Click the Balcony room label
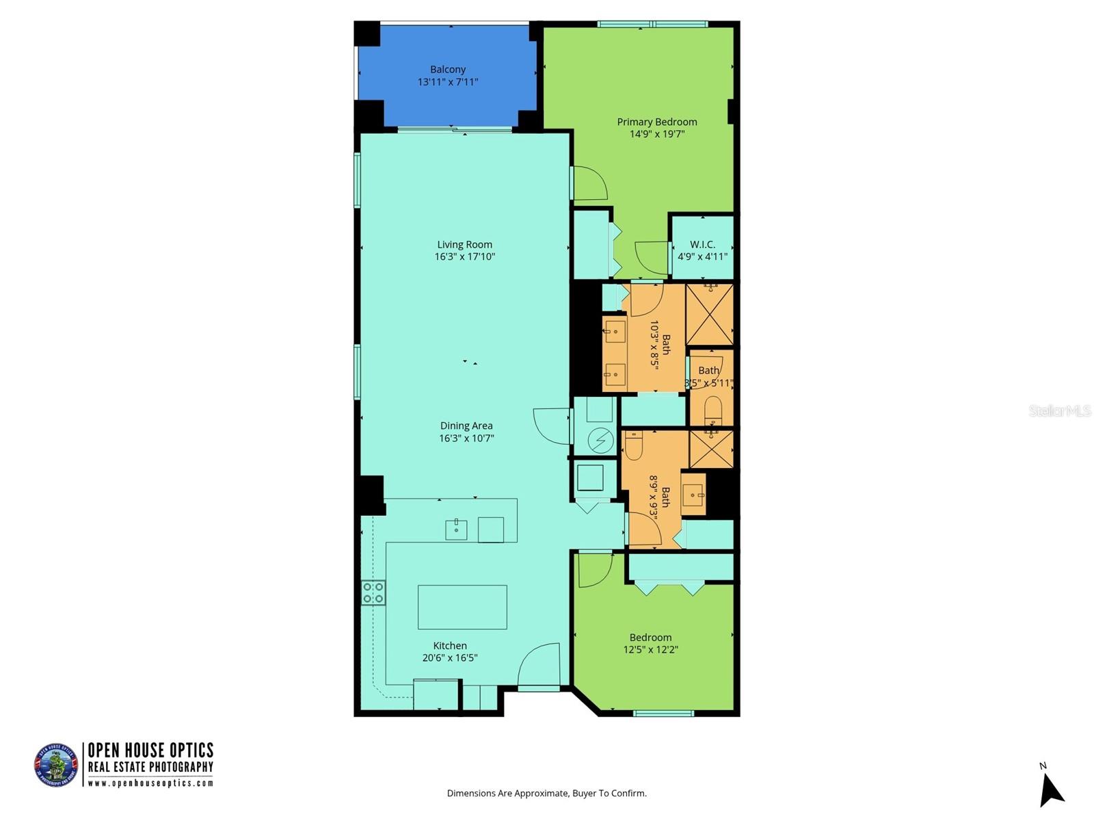(x=448, y=69)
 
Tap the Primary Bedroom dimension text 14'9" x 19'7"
(x=656, y=134)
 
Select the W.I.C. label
(x=702, y=244)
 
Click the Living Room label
(x=464, y=244)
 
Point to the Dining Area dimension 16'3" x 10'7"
(x=466, y=438)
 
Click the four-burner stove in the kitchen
(x=373, y=592)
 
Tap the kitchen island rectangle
(x=462, y=607)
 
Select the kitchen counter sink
(x=456, y=529)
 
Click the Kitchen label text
(x=450, y=645)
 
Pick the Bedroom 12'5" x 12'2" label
(x=650, y=643)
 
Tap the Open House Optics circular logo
(x=56, y=765)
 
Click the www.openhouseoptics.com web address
(x=150, y=783)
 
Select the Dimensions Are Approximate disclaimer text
(x=546, y=794)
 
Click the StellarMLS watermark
(x=1059, y=410)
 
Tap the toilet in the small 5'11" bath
(x=712, y=409)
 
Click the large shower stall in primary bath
(x=709, y=315)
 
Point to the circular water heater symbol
(x=600, y=440)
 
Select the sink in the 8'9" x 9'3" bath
(x=694, y=493)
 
